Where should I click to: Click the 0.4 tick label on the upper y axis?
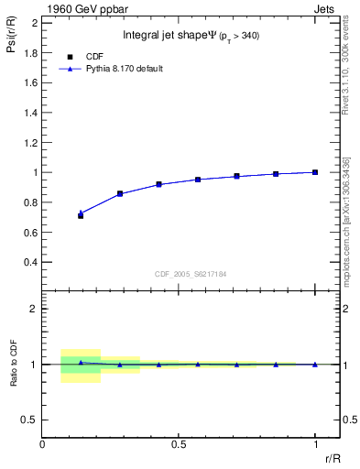pyautogui.click(x=31, y=262)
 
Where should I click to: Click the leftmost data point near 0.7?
pyautogui.click(x=81, y=215)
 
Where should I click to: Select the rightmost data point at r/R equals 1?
pyautogui.click(x=315, y=172)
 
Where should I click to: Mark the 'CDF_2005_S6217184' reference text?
pyautogui.click(x=190, y=274)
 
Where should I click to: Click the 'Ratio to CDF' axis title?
pyautogui.click(x=13, y=364)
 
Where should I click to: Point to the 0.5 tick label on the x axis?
pyautogui.click(x=179, y=444)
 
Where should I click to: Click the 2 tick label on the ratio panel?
pyautogui.click(x=35, y=309)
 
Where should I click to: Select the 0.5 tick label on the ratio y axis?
pyautogui.click(x=31, y=420)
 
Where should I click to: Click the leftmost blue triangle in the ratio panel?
pyautogui.click(x=81, y=363)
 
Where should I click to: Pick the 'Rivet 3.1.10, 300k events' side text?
pyautogui.click(x=347, y=82)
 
